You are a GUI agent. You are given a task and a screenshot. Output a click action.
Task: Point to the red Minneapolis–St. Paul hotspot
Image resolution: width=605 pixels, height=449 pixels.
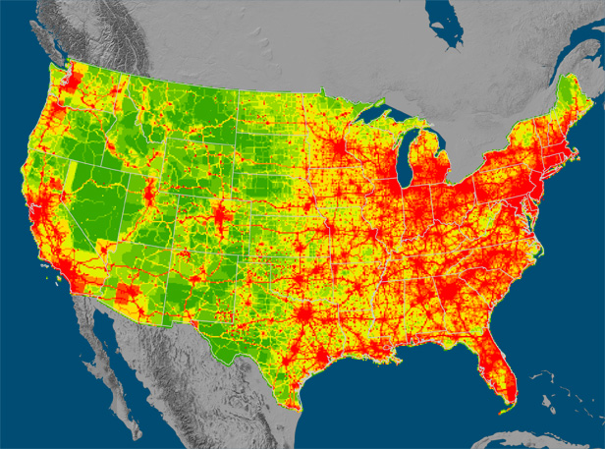[339, 153]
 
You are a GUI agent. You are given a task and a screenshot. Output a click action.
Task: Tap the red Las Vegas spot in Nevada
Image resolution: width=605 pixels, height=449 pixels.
[93, 250]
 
